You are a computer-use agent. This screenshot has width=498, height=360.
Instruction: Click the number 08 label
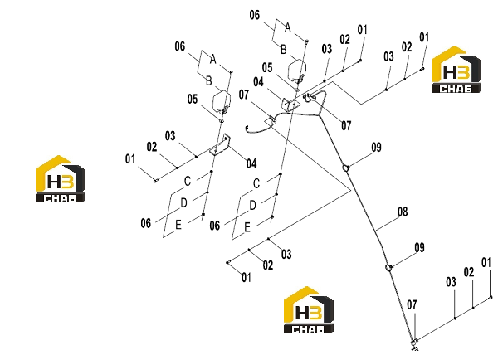[403, 212]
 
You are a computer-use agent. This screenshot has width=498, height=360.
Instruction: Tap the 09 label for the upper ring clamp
[376, 148]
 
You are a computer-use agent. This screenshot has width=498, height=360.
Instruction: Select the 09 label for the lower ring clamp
[419, 248]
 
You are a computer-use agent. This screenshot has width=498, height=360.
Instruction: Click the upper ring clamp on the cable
[345, 168]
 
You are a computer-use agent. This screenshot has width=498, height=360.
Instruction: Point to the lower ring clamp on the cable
[388, 268]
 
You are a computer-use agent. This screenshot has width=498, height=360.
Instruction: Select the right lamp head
[297, 71]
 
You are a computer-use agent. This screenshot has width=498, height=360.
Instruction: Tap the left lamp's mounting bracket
[220, 145]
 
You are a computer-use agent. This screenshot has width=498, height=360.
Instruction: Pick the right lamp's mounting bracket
[290, 105]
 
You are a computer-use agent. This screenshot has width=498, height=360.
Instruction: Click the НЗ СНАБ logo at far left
[61, 178]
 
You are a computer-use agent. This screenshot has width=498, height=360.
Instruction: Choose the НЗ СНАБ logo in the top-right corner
[456, 70]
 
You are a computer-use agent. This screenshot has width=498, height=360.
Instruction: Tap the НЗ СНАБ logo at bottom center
[309, 310]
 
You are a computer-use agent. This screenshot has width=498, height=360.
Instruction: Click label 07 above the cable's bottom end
[412, 305]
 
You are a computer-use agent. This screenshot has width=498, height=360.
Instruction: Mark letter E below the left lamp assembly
[178, 225]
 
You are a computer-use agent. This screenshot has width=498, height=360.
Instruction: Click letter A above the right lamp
[287, 27]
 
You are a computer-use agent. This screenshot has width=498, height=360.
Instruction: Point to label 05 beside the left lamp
[193, 99]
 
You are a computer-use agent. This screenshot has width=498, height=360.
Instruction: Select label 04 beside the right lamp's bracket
[258, 82]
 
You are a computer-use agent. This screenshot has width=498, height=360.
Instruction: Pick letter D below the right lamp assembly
[252, 206]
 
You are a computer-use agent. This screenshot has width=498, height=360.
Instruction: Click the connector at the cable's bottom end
[414, 343]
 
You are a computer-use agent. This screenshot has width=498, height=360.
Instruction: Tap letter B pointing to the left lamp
[208, 80]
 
